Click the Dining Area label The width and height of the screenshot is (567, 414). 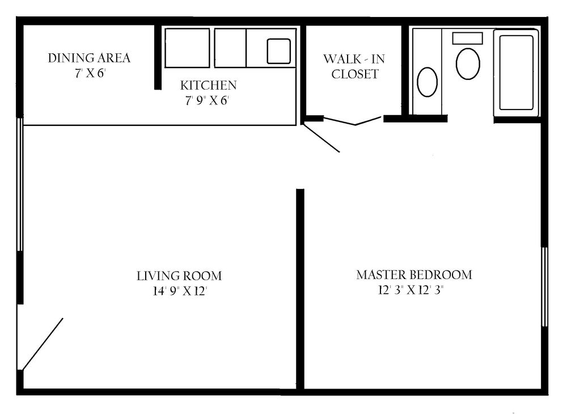(89, 58)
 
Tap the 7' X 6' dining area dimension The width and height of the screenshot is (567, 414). (90, 73)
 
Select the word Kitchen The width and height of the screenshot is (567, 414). (208, 86)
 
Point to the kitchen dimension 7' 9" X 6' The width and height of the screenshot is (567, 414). (208, 100)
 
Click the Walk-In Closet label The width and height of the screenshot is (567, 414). (354, 66)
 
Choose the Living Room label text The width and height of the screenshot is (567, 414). (179, 276)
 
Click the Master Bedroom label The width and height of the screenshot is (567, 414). (414, 275)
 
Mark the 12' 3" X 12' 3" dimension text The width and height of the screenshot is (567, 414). (414, 290)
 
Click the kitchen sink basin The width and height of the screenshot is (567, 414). (279, 51)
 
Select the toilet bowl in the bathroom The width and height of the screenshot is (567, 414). (468, 64)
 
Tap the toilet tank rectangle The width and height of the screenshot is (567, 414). (467, 38)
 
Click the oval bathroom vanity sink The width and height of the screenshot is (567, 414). (427, 82)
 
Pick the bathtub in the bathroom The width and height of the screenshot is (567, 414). (516, 71)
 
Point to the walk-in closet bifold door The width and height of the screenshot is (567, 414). (354, 121)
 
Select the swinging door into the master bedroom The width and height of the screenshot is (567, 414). (321, 138)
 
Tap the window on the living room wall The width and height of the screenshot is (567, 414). (20, 184)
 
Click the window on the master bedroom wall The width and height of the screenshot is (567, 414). (544, 286)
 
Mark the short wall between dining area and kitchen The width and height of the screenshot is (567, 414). (158, 57)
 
